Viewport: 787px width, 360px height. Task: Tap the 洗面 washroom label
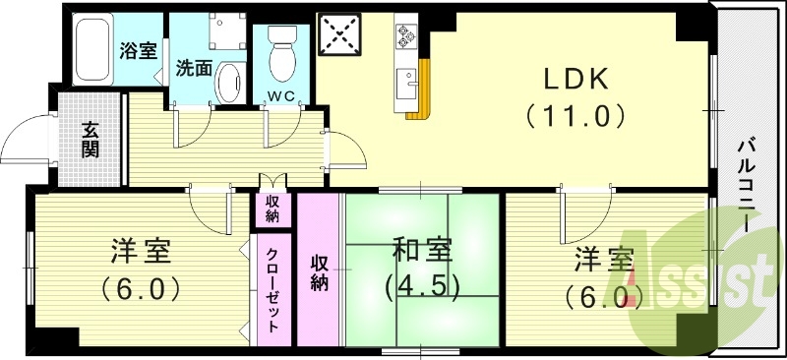pyautogui.click(x=195, y=68)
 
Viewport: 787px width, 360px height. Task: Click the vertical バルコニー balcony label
pyautogui.click(x=750, y=182)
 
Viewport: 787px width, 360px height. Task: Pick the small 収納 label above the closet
pyautogui.click(x=272, y=209)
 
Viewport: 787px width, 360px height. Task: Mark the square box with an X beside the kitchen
pyautogui.click(x=341, y=37)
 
